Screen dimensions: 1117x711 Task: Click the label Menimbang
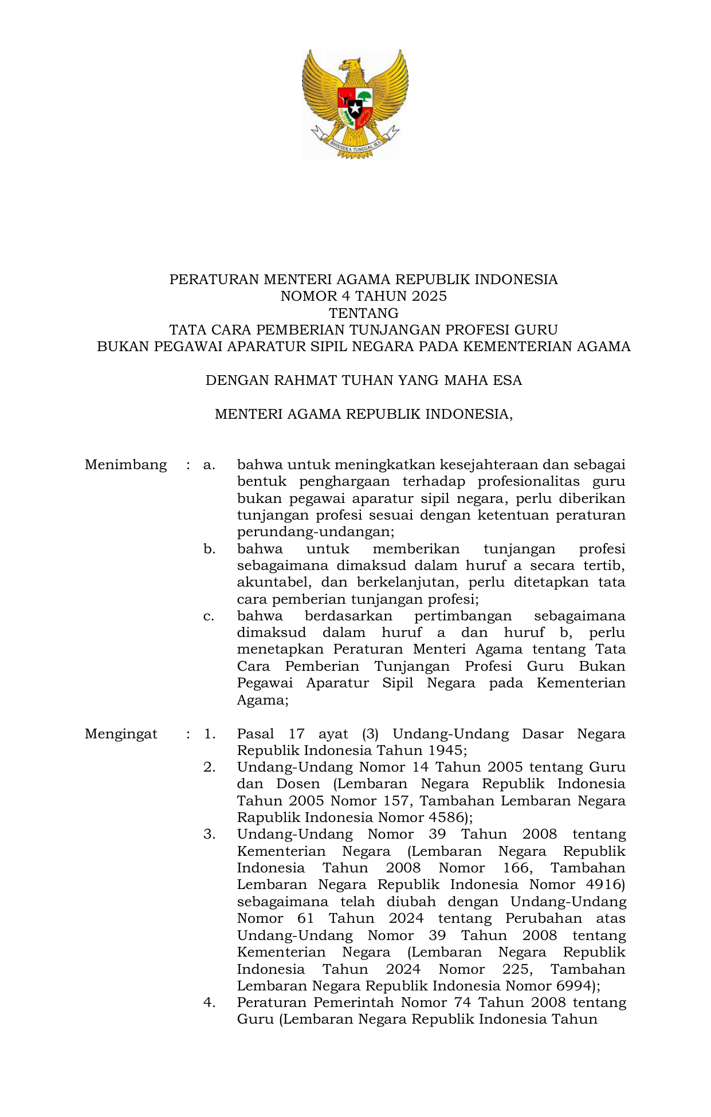point(125,465)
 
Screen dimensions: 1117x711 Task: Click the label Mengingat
point(121,734)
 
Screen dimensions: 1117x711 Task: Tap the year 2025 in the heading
point(429,296)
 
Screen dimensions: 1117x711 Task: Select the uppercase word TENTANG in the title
point(363,313)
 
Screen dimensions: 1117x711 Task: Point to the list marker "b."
point(209,549)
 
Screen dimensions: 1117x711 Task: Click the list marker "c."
point(209,616)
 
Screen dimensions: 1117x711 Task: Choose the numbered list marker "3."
point(209,835)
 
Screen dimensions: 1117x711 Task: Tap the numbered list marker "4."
point(209,1003)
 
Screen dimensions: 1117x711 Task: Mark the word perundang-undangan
point(315,532)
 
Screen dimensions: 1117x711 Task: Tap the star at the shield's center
point(355,108)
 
